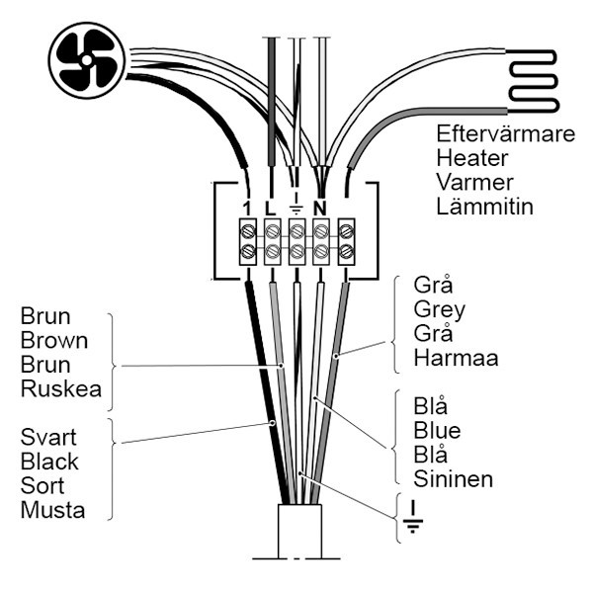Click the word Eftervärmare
coord(505,134)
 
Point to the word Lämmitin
coord(484,207)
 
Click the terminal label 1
coord(246,208)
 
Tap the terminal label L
coord(269,208)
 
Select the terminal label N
coord(320,208)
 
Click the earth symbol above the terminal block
coord(296,205)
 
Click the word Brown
coord(54,342)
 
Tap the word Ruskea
coord(60,389)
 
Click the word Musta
coord(52,510)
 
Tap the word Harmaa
coord(455,358)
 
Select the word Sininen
coord(452,479)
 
